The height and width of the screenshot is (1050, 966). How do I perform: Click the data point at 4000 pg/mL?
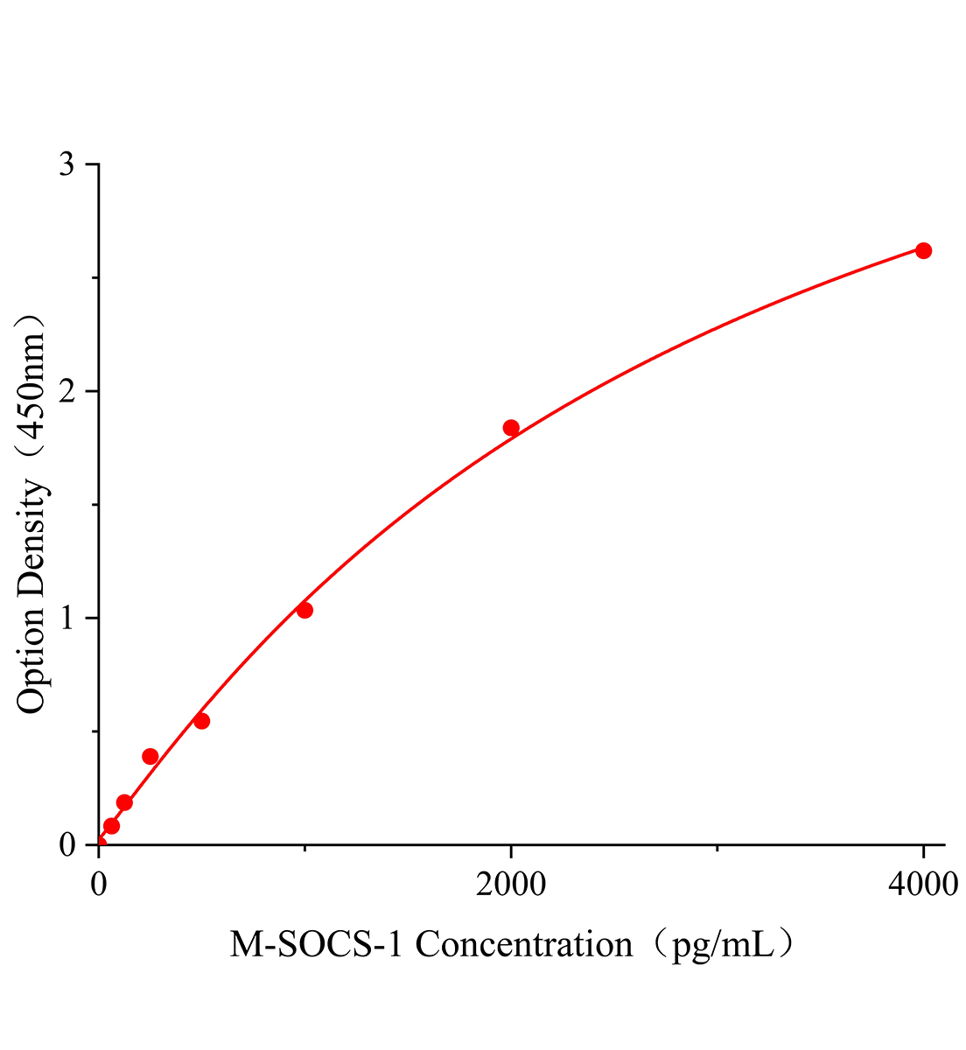click(x=923, y=250)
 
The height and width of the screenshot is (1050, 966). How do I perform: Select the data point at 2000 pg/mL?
click(x=511, y=427)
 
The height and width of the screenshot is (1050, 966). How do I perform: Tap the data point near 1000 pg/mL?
click(x=304, y=610)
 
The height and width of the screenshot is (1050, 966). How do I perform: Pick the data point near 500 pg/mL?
click(x=201, y=721)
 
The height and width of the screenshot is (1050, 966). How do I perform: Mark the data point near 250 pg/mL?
click(x=150, y=756)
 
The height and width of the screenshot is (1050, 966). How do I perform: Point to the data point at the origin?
click(x=99, y=844)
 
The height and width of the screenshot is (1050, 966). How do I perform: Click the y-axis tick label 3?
click(x=67, y=164)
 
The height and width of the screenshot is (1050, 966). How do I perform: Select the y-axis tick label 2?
click(x=67, y=391)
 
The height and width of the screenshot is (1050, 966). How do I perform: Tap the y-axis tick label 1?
click(x=67, y=618)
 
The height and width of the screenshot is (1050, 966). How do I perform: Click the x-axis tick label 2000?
click(x=511, y=885)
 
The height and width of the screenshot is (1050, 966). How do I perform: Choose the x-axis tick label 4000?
click(x=923, y=885)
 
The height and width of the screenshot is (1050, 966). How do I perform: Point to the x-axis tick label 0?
click(x=99, y=885)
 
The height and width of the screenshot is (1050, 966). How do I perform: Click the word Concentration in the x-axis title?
click(x=523, y=945)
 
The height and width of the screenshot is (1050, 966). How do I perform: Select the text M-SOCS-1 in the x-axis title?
click(x=317, y=945)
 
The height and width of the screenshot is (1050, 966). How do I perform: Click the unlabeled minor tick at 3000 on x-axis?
click(x=717, y=848)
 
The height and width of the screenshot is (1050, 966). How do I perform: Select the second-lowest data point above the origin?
click(x=124, y=802)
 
